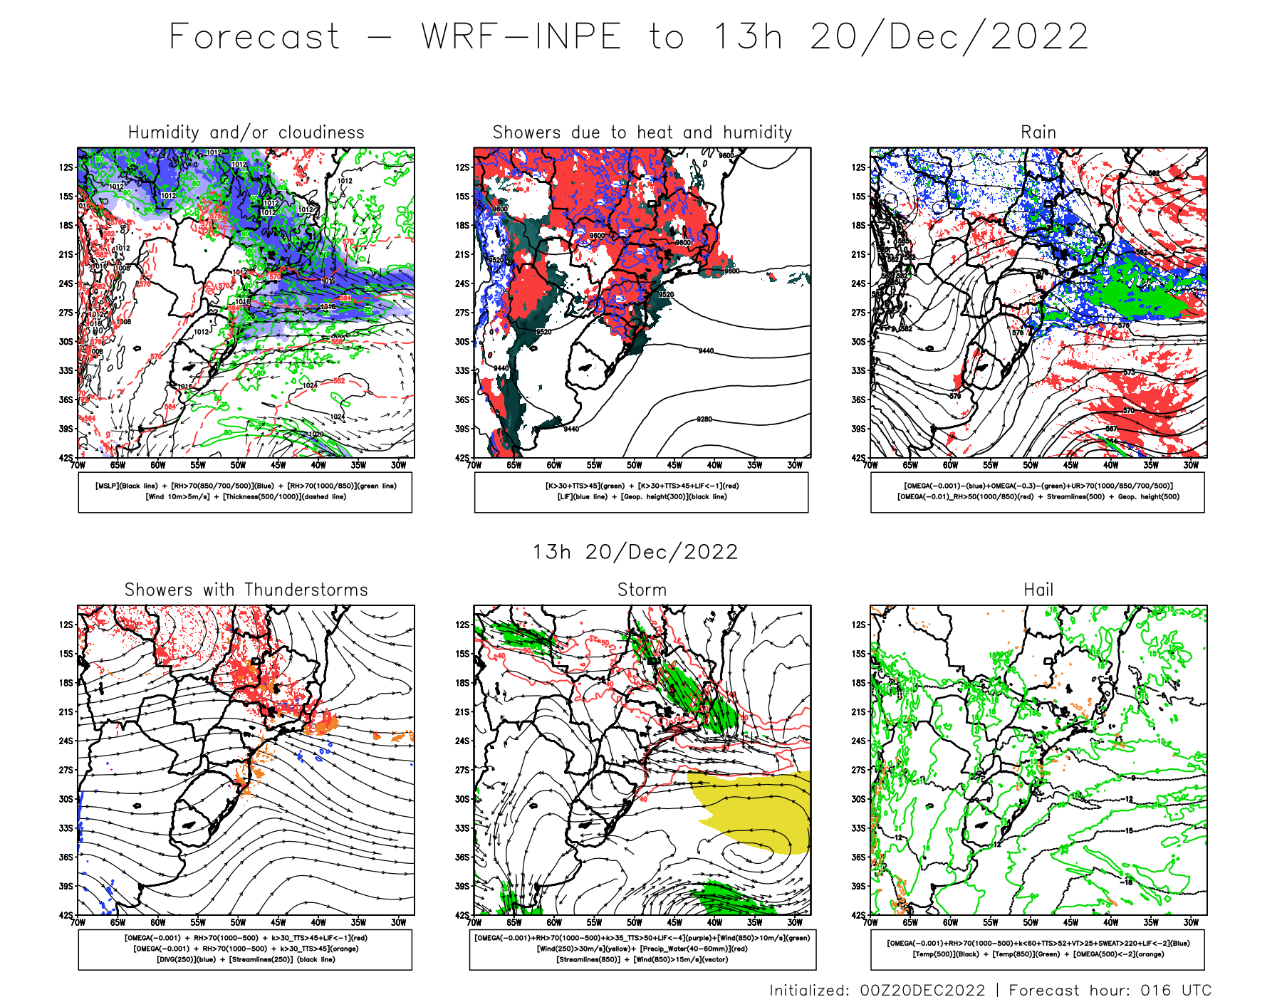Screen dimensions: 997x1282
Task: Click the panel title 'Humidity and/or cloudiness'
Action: [246, 132]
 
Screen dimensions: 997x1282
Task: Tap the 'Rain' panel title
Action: [1038, 132]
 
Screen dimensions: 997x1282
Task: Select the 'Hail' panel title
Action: [1038, 590]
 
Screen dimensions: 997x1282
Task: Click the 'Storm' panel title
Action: [642, 590]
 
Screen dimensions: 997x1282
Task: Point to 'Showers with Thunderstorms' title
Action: [246, 590]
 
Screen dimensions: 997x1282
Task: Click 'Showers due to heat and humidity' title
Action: [642, 132]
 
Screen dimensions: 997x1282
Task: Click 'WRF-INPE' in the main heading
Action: [521, 36]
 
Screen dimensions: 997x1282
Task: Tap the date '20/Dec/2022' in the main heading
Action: [949, 36]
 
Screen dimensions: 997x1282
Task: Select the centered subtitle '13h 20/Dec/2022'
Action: [635, 552]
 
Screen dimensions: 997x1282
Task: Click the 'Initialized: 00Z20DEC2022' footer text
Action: [877, 989]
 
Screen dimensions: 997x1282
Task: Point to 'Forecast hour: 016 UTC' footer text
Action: [1110, 989]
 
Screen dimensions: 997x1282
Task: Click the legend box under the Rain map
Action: [1037, 491]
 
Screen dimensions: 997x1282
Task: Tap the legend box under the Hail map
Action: [1037, 949]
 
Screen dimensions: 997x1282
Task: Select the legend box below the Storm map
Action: [642, 949]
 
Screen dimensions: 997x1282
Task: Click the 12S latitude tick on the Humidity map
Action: [66, 167]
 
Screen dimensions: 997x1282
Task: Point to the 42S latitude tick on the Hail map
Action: [858, 915]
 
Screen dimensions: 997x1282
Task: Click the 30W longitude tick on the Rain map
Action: [1191, 465]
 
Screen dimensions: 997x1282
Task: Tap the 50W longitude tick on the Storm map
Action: [634, 922]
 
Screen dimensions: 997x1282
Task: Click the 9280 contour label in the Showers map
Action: [704, 419]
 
